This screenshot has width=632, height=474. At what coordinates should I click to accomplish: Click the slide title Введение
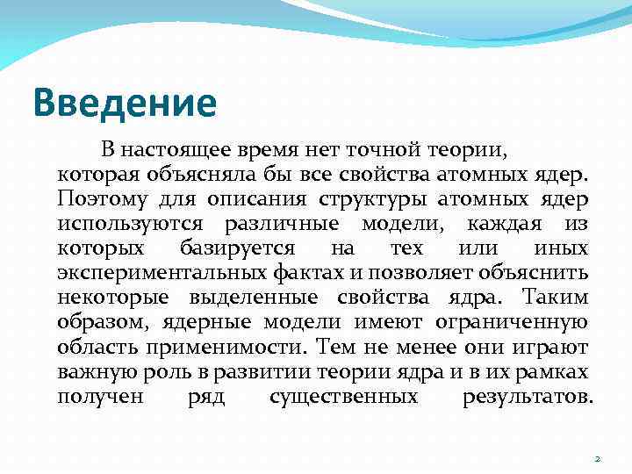click(124, 102)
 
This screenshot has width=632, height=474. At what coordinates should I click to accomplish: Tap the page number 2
click(597, 458)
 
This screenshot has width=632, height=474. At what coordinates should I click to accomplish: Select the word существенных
click(343, 397)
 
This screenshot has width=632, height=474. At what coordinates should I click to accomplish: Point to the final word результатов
click(527, 397)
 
